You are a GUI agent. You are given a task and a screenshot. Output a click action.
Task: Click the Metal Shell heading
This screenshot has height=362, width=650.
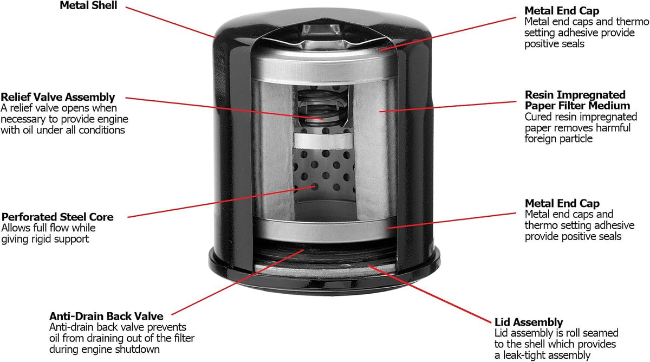tap(88, 5)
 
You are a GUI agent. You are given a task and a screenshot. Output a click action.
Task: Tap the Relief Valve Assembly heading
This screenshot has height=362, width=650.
tap(58, 97)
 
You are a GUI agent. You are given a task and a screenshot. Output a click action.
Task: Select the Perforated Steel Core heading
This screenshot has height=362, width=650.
tap(57, 217)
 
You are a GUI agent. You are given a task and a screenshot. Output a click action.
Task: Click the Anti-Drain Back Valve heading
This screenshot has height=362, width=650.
tap(106, 316)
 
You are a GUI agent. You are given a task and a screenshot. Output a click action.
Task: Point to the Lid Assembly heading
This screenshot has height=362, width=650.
tap(529, 322)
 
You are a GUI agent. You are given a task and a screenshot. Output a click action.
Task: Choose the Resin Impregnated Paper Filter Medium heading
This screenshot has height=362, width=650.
tap(577, 100)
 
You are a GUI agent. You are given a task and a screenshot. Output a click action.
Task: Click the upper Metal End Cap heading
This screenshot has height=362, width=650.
tap(562, 11)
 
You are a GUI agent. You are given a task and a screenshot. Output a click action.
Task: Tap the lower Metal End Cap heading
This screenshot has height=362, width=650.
tap(562, 203)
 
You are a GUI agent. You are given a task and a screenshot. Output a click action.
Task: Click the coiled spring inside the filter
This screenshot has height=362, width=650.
tap(322, 107)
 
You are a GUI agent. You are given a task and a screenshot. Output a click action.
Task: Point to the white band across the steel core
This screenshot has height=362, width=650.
tap(323, 141)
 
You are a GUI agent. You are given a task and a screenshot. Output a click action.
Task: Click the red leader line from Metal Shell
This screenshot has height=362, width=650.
tap(171, 22)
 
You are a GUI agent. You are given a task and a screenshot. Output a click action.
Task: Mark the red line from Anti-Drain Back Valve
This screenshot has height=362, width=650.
tap(238, 282)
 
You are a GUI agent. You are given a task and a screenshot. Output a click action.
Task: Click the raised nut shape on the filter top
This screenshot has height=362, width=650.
tap(321, 33)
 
